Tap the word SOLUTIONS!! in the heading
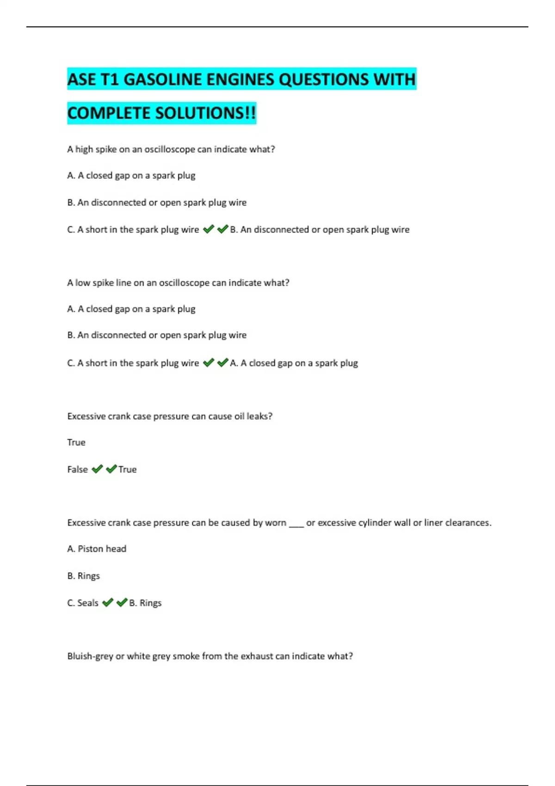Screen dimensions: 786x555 (205, 113)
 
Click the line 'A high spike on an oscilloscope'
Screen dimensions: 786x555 (171, 149)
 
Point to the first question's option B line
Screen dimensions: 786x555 (157, 203)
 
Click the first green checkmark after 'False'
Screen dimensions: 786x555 (97, 469)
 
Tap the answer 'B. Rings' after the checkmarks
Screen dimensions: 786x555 (145, 603)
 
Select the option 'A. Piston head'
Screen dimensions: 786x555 (97, 549)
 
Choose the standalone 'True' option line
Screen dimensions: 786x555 (76, 442)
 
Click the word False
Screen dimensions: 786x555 (77, 469)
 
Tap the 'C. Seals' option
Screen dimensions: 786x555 (83, 603)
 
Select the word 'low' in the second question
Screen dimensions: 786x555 (82, 282)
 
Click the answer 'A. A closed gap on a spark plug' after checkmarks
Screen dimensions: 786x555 (294, 363)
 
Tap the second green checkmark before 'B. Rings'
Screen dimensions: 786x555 (122, 602)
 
